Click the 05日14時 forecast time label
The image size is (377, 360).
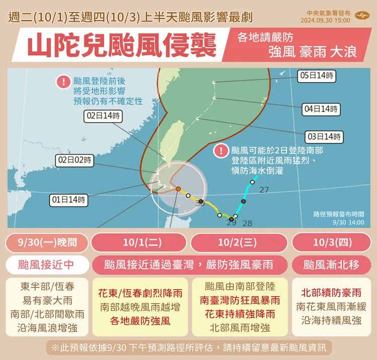click(x=316, y=76)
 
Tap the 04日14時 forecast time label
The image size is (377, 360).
click(x=321, y=109)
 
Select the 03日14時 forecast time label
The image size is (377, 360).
click(x=324, y=137)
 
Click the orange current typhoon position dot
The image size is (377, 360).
click(x=178, y=189)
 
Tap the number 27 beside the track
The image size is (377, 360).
click(x=264, y=190)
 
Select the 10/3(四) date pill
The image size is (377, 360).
click(x=332, y=243)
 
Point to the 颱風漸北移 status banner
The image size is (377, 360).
click(x=332, y=264)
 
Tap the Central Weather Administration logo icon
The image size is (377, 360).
click(x=361, y=17)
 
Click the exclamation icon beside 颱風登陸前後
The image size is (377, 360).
click(x=63, y=81)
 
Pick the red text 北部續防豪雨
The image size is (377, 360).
click(x=332, y=293)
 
